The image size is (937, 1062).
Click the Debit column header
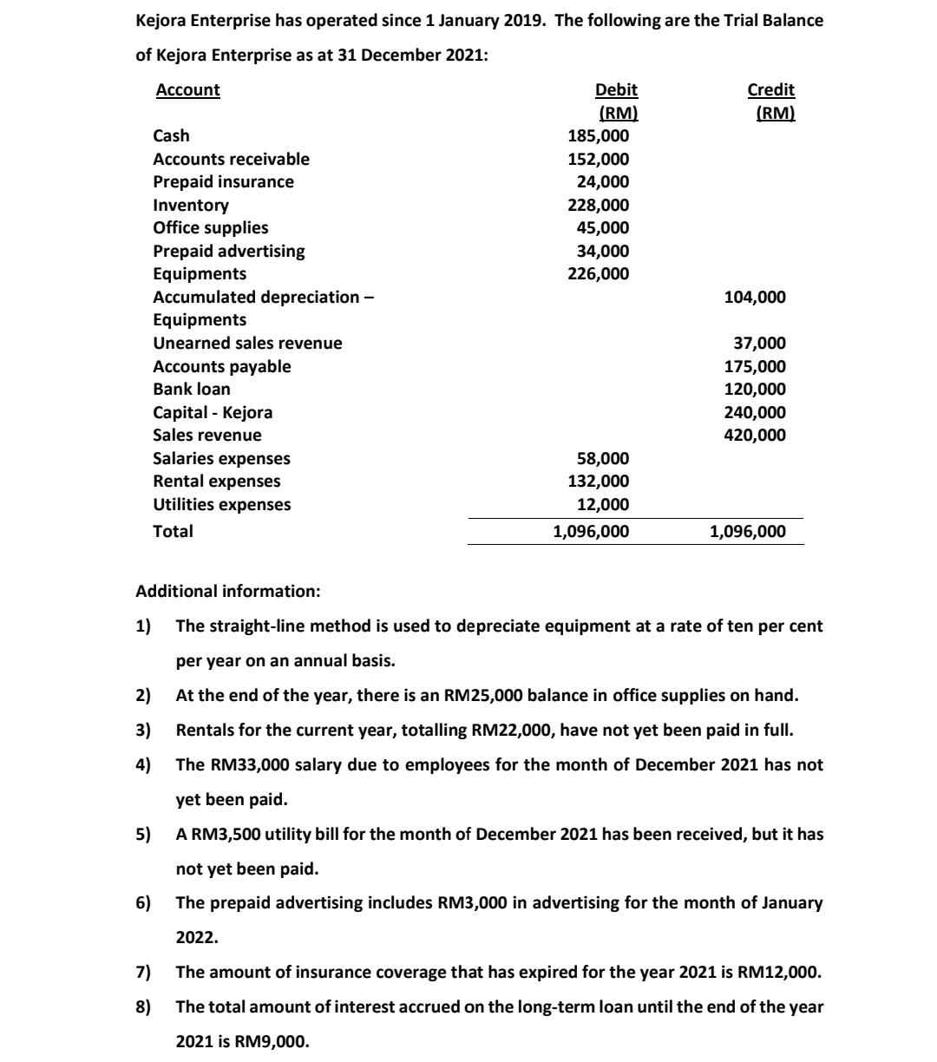pos(616,90)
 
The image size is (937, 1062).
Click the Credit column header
pos(770,90)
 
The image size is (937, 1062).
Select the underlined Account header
pos(187,90)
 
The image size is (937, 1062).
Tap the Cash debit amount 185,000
pos(598,136)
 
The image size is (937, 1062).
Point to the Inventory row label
pos(191,206)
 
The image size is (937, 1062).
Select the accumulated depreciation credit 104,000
pos(755,298)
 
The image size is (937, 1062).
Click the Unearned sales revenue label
pos(247,344)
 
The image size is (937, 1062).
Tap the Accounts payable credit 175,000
pos(755,367)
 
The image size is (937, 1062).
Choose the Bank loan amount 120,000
pos(755,390)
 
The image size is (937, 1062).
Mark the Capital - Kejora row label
pos(213,413)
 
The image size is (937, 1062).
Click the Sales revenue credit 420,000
pos(755,436)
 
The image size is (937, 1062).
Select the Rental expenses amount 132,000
pos(598,482)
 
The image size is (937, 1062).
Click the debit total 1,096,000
pos(592,532)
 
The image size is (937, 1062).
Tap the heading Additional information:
pos(228,592)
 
